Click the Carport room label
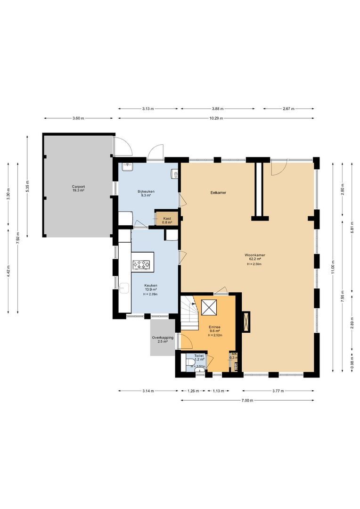(x=78, y=189)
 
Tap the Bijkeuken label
(x=146, y=193)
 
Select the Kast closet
(x=167, y=220)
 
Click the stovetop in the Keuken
(x=142, y=265)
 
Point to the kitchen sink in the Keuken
(x=125, y=287)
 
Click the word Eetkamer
(x=218, y=193)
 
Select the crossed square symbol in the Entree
(x=208, y=307)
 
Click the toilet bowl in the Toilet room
(x=189, y=363)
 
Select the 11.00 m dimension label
(x=333, y=267)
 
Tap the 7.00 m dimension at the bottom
(x=247, y=401)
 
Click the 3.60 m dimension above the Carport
(x=78, y=118)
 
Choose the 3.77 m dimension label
(x=278, y=391)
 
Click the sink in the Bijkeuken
(x=128, y=166)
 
